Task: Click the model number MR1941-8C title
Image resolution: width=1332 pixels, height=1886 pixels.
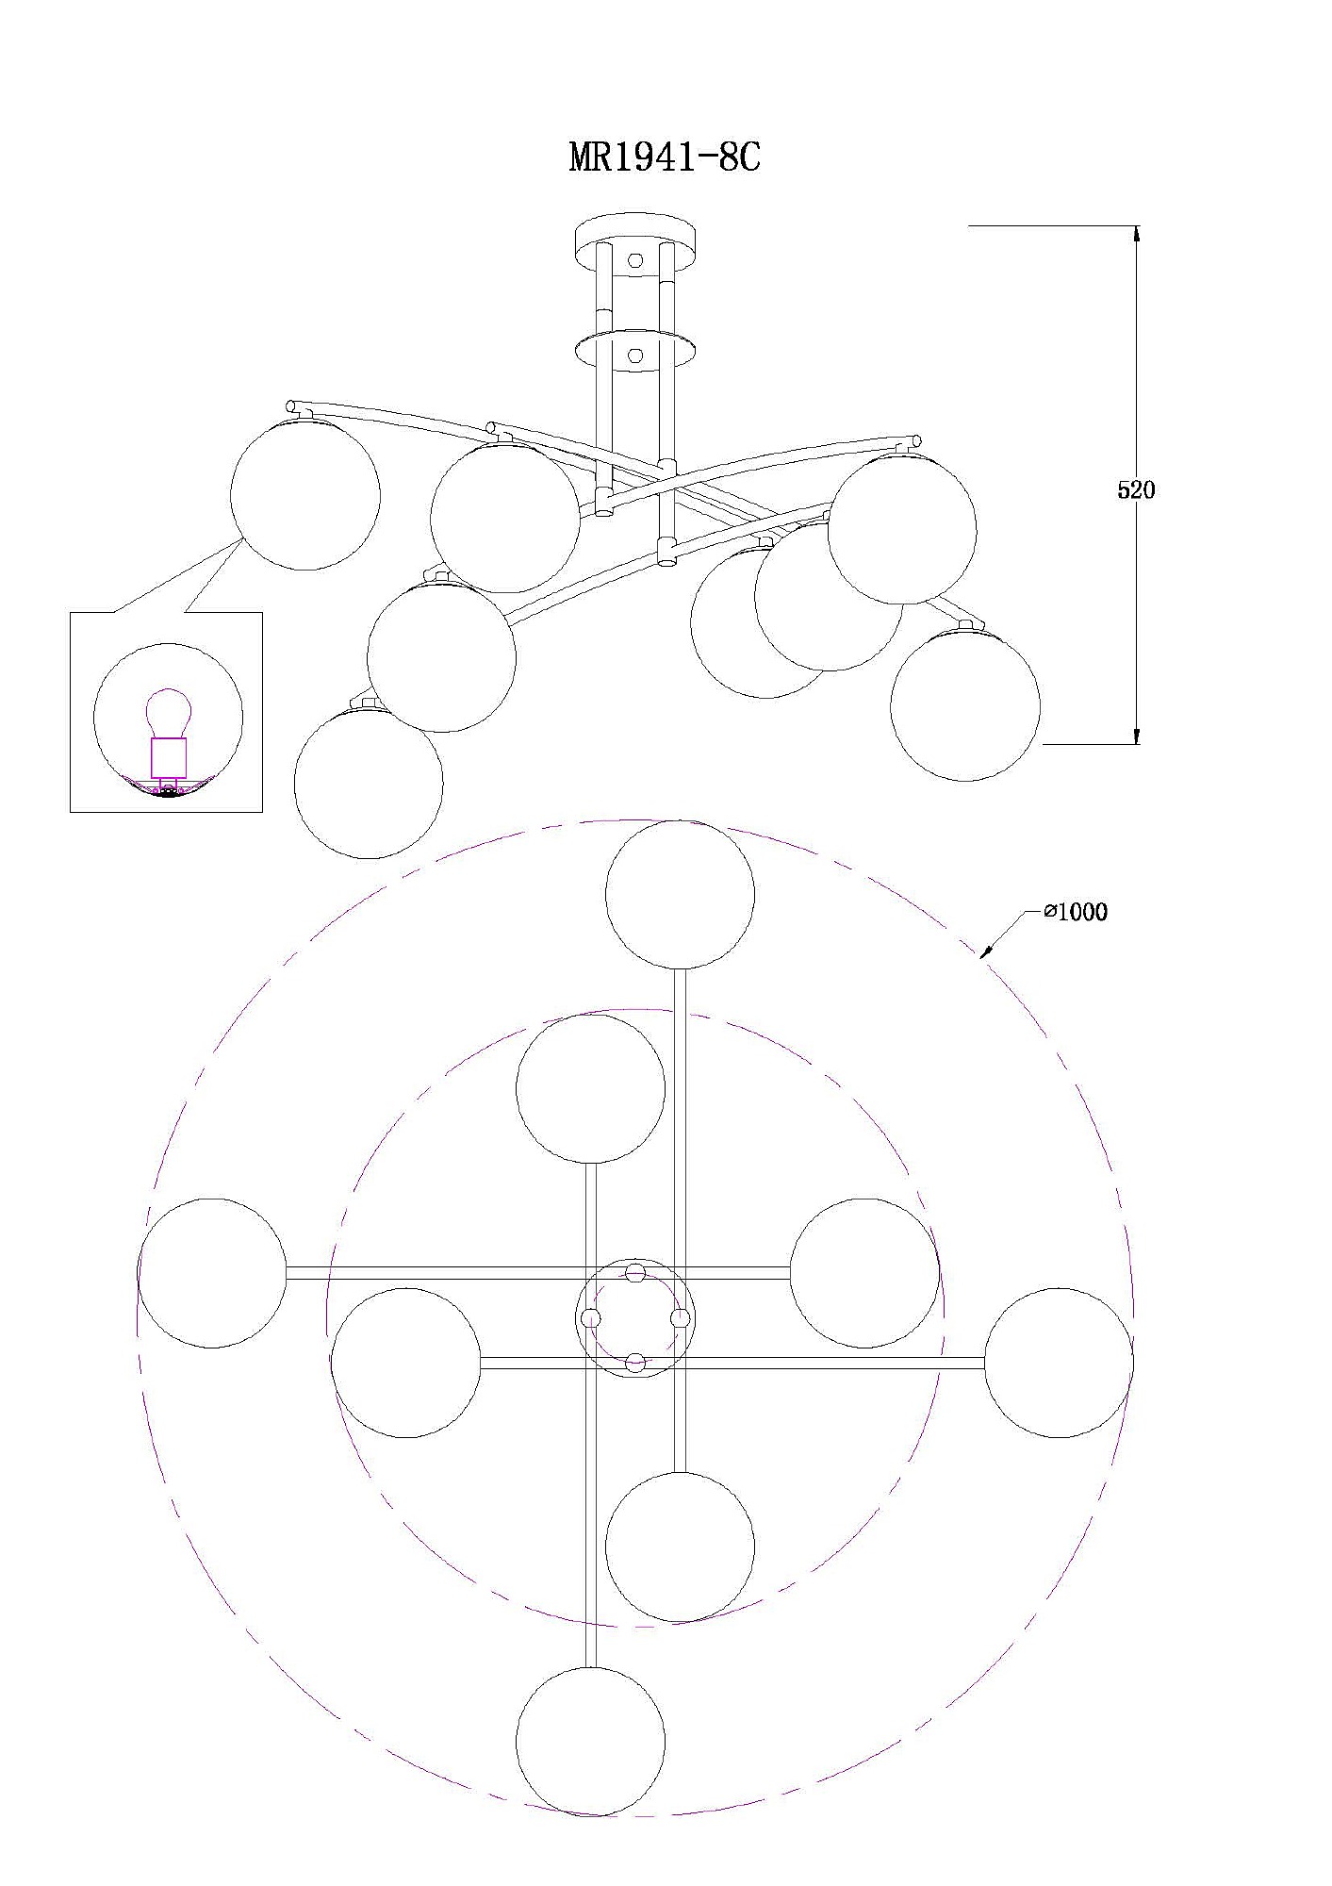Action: pyautogui.click(x=665, y=157)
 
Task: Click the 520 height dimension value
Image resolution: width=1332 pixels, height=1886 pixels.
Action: pyautogui.click(x=1135, y=490)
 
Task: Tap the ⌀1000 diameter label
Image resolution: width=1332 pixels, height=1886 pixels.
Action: pyautogui.click(x=1076, y=912)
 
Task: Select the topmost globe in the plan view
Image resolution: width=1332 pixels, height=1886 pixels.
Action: pyautogui.click(x=680, y=894)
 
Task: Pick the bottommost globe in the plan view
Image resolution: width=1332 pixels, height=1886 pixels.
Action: pyautogui.click(x=590, y=1742)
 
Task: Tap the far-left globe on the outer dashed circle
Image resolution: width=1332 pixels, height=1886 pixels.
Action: pyautogui.click(x=211, y=1273)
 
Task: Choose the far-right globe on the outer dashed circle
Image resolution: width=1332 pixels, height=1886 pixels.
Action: pyautogui.click(x=1059, y=1363)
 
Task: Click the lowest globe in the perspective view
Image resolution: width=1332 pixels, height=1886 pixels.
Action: pyautogui.click(x=369, y=784)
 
